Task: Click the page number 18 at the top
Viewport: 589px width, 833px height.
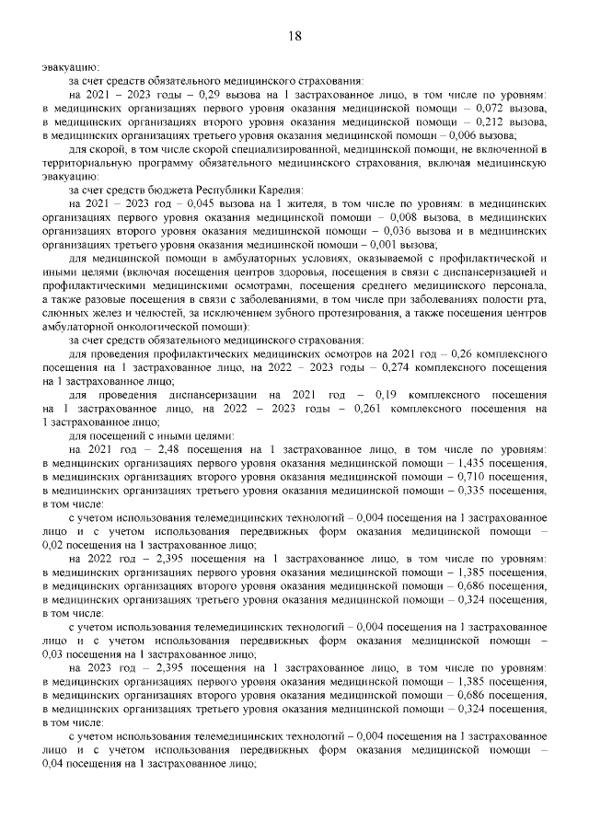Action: coord(294,36)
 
